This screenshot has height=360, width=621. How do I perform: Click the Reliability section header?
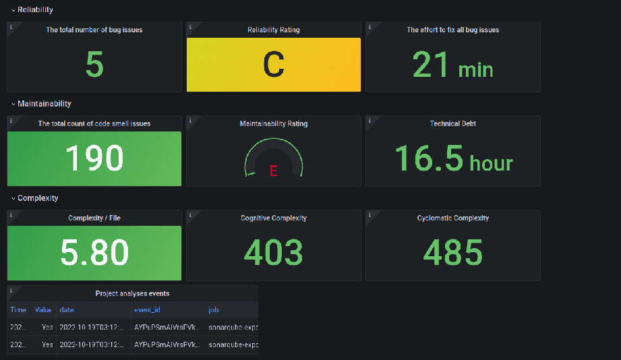pyautogui.click(x=35, y=10)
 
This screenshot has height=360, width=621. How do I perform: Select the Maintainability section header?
pyautogui.click(x=44, y=104)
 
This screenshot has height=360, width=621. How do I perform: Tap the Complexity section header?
pyautogui.click(x=38, y=198)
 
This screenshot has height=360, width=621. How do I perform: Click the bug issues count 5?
pyautogui.click(x=94, y=65)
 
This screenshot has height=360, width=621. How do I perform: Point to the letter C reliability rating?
pyautogui.click(x=273, y=65)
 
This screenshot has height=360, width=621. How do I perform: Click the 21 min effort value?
pyautogui.click(x=452, y=66)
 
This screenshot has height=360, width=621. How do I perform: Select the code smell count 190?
pyautogui.click(x=94, y=158)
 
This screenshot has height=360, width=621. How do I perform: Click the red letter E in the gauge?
pyautogui.click(x=273, y=171)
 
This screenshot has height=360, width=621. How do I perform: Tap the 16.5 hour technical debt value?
pyautogui.click(x=453, y=159)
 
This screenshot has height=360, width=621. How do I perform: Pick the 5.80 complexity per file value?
pyautogui.click(x=94, y=253)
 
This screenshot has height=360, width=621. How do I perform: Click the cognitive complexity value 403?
pyautogui.click(x=273, y=253)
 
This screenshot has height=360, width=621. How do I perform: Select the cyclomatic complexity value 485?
pyautogui.click(x=453, y=253)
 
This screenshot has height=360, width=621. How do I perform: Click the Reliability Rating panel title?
pyautogui.click(x=273, y=30)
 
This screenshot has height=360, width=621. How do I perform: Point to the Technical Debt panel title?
pyautogui.click(x=453, y=124)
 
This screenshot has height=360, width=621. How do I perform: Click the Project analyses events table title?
pyautogui.click(x=132, y=293)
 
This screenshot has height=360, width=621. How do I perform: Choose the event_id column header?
pyautogui.click(x=148, y=309)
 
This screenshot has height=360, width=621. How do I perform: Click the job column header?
pyautogui.click(x=214, y=309)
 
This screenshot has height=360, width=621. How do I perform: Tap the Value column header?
pyautogui.click(x=43, y=309)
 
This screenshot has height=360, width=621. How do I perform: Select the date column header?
pyautogui.click(x=67, y=309)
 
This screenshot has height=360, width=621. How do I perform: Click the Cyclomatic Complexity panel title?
pyautogui.click(x=453, y=218)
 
